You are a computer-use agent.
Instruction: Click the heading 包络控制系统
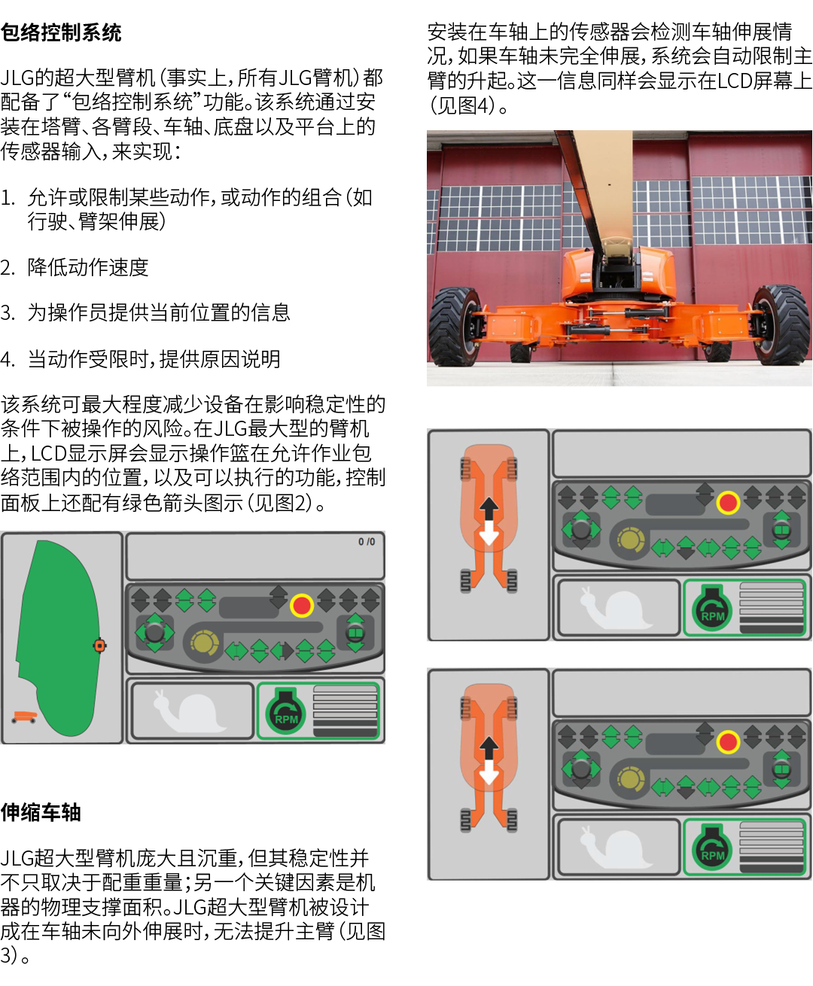coord(61,32)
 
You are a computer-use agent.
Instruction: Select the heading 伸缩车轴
coord(41,812)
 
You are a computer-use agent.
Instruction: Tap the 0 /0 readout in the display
coord(366,542)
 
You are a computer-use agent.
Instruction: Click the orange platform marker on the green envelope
coord(99,646)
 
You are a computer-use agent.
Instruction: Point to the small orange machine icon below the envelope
coord(24,717)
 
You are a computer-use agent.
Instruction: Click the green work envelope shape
coord(58,638)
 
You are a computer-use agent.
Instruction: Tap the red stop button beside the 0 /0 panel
coord(301,605)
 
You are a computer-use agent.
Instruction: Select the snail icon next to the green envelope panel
coord(189,711)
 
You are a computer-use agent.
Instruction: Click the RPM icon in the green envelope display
coord(285,712)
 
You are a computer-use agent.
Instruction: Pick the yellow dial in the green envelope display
coord(204,644)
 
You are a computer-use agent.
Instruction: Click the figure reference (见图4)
coord(468,105)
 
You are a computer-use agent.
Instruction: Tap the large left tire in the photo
coord(455,326)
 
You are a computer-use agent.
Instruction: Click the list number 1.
coord(8,197)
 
